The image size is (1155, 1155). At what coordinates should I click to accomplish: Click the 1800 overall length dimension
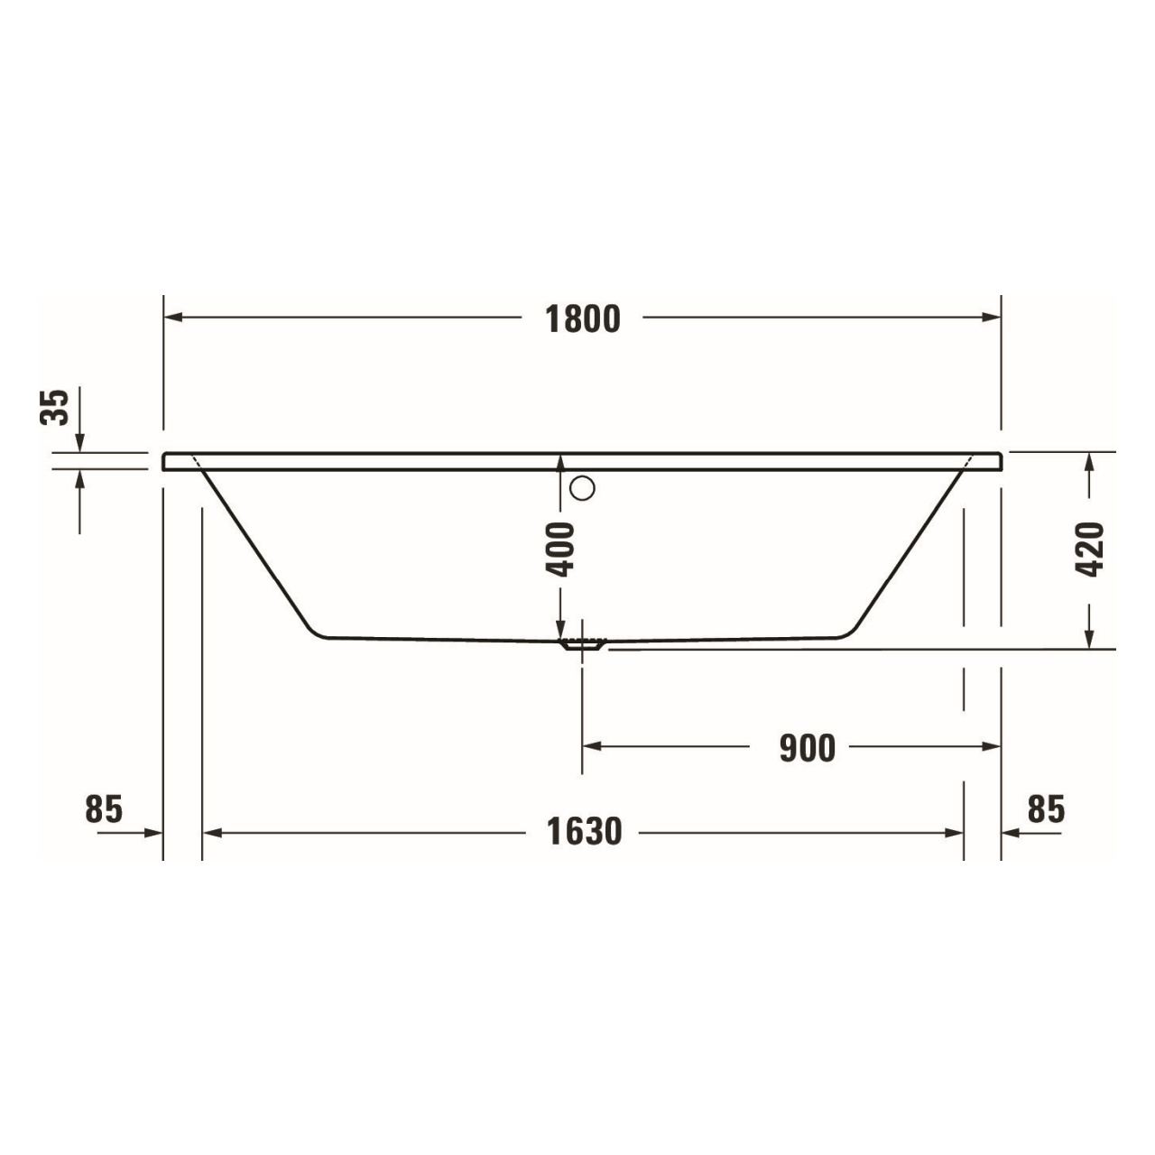pyautogui.click(x=583, y=319)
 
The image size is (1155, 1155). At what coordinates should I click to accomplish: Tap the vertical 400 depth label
pyautogui.click(x=561, y=549)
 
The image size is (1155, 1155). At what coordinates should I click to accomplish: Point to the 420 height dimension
pyautogui.click(x=1090, y=550)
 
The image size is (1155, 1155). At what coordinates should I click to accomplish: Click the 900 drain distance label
pyautogui.click(x=808, y=748)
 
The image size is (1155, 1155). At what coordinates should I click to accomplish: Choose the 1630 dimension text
pyautogui.click(x=585, y=832)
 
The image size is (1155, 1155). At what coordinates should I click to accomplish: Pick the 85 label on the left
pyautogui.click(x=104, y=809)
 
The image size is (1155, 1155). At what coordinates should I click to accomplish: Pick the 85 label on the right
pyautogui.click(x=1047, y=809)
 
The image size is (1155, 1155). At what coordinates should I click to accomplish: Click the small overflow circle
pyautogui.click(x=583, y=488)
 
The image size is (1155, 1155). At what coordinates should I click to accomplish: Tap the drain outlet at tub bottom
pyautogui.click(x=582, y=644)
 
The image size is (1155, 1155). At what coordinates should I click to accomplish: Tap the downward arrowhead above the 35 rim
pyautogui.click(x=80, y=442)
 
